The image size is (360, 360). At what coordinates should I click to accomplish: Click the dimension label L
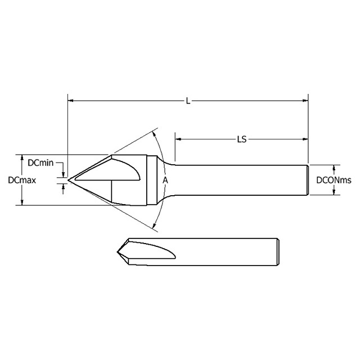(188, 101)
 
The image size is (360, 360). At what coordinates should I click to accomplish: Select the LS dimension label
(242, 137)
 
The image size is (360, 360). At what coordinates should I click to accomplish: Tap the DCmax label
(22, 181)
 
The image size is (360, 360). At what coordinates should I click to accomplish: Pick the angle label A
(165, 181)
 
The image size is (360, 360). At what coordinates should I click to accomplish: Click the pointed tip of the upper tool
(69, 180)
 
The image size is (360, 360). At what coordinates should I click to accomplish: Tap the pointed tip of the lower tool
(116, 250)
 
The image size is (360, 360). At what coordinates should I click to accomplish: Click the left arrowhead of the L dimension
(70, 101)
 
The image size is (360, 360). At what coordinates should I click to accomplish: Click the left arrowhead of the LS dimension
(178, 137)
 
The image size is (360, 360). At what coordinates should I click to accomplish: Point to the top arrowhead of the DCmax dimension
(22, 157)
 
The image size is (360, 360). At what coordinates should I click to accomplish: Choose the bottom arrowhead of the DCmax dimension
(22, 202)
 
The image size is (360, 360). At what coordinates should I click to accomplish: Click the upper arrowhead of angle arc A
(156, 134)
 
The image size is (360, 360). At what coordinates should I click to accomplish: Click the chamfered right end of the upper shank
(307, 180)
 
